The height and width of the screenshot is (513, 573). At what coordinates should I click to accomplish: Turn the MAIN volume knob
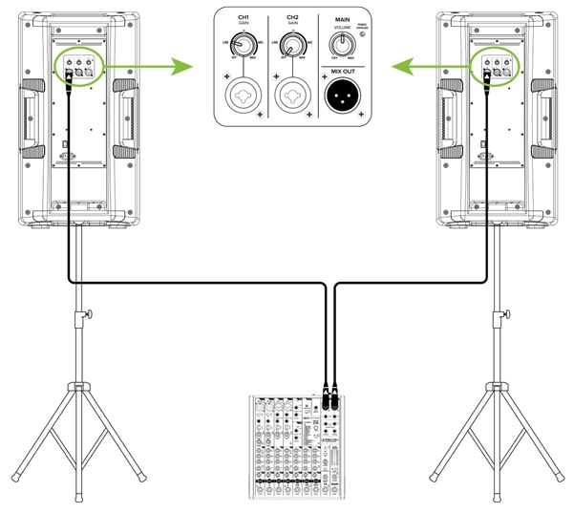[339, 43]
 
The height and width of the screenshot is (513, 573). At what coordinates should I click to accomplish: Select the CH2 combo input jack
[289, 96]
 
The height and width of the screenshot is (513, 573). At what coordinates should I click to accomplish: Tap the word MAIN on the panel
[341, 15]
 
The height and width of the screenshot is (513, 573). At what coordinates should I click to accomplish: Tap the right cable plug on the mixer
[335, 392]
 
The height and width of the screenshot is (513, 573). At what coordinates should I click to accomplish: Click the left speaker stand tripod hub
[76, 386]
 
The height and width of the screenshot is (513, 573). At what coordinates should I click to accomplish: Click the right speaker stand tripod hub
[496, 386]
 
